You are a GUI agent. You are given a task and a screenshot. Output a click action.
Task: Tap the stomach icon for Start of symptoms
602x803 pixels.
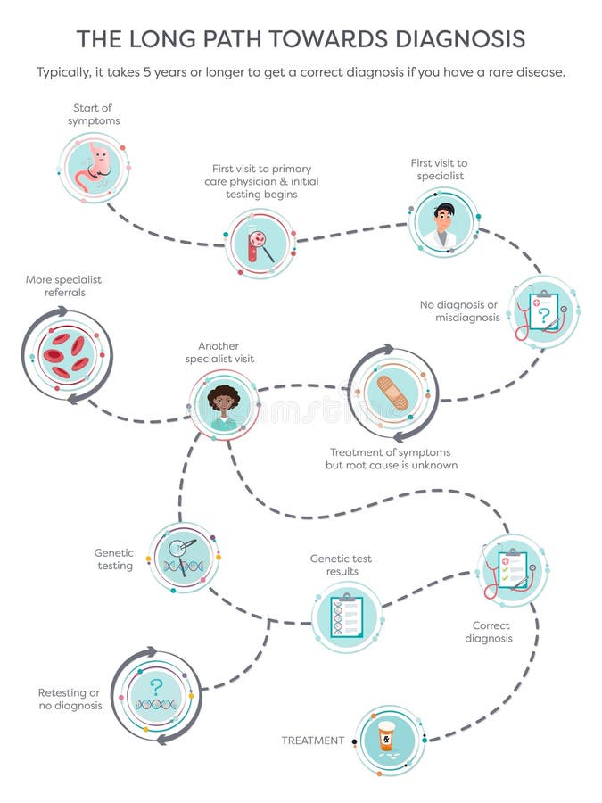tap(95, 167)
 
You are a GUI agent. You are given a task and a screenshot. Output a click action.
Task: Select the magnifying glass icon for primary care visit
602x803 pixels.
tap(260, 243)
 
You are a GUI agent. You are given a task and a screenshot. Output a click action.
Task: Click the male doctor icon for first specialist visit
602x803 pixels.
tap(442, 223)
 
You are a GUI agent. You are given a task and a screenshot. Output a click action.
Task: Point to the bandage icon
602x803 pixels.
tap(392, 393)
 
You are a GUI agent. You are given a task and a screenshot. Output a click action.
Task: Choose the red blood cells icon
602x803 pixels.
tap(67, 353)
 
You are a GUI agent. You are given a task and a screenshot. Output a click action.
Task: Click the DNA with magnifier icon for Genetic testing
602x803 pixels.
tap(184, 557)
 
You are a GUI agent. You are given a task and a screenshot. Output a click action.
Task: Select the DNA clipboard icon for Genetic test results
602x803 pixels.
tap(346, 616)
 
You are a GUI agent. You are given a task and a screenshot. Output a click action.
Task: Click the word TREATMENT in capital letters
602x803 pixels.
tap(312, 741)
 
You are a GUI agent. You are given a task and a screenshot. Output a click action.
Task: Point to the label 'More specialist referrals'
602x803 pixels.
tap(63, 286)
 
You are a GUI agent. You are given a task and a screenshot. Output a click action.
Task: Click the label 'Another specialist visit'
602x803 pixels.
tap(219, 352)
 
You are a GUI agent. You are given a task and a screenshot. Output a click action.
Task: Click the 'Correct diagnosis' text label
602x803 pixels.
tap(492, 632)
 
